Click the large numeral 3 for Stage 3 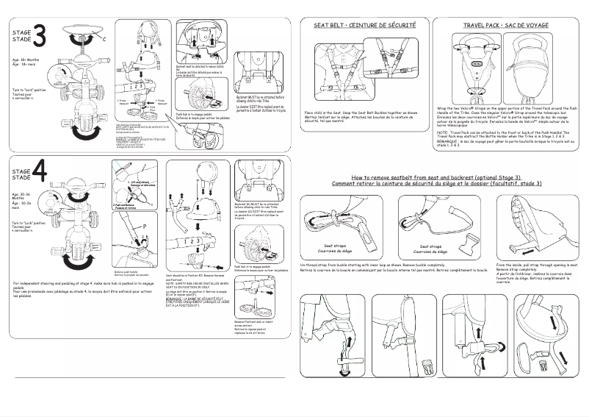click(x=40, y=35)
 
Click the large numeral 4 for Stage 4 click(x=40, y=172)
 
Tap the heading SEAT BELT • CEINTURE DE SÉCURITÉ click(x=364, y=25)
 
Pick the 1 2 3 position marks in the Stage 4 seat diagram click(x=187, y=240)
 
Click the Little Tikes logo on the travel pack click(x=478, y=64)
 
